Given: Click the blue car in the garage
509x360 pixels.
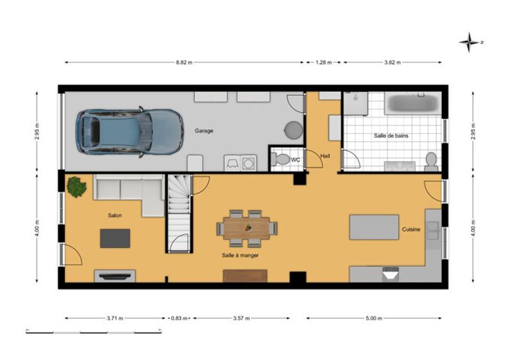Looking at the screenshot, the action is (129, 132).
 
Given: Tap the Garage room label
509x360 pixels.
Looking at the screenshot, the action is (204, 131).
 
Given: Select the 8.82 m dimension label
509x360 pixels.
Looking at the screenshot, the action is (184, 63).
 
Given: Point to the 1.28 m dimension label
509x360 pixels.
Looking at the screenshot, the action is (324, 63).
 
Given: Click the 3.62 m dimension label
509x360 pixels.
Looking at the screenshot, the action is (392, 63).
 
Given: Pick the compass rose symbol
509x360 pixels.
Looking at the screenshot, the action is (470, 42).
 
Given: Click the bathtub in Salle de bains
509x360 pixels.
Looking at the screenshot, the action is (413, 103).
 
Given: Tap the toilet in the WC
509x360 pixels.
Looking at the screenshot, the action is (280, 159).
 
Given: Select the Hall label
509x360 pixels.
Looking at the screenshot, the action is (325, 156).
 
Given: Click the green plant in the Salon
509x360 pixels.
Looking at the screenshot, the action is (76, 187).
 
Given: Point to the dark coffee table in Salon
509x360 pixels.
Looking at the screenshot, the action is (115, 238).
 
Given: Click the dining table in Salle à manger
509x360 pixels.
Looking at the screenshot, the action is (247, 228).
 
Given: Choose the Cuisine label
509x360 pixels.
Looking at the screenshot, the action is (411, 229).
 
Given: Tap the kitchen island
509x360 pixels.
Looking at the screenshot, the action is (374, 227).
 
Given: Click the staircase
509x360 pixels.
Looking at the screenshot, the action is (178, 213).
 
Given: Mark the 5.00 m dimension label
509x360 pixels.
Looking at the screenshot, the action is (374, 319).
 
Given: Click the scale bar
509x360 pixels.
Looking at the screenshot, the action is (94, 332).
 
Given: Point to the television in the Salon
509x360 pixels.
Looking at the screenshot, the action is (115, 276).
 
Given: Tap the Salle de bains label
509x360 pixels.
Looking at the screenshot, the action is (391, 135).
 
